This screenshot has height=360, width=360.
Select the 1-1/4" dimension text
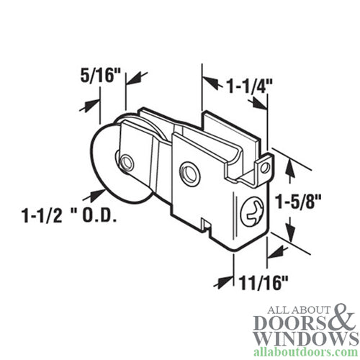(234, 86)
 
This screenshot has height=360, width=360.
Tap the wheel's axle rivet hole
(127, 161)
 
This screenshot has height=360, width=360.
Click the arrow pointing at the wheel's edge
(94, 194)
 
